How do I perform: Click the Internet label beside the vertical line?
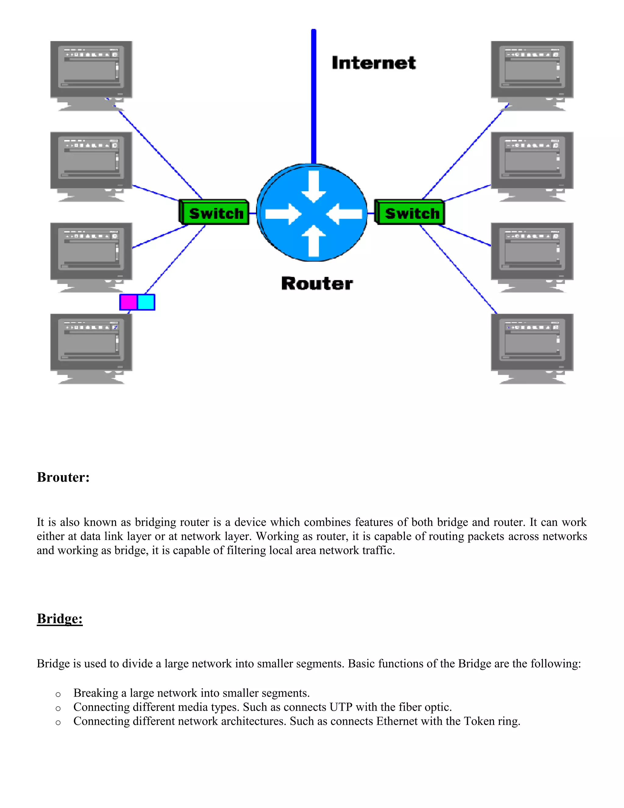[374, 63]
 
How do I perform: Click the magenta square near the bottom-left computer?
[129, 302]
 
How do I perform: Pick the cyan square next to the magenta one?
[146, 302]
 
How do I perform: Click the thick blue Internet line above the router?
[314, 96]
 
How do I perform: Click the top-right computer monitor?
[532, 70]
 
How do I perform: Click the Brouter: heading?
[63, 477]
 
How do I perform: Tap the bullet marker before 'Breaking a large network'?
[58, 694]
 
